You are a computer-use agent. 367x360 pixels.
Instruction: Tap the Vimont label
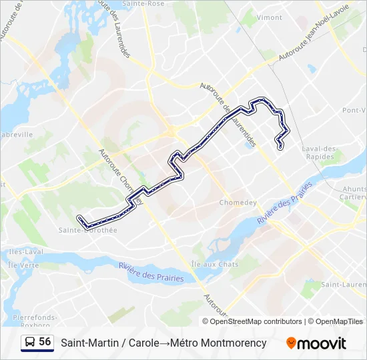coord(269,17)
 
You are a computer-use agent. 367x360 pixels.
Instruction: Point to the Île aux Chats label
coord(215,265)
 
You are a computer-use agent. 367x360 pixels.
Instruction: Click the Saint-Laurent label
coord(344,285)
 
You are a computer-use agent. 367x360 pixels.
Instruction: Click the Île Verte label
coord(18,265)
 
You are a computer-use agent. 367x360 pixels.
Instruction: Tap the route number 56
coord(45,342)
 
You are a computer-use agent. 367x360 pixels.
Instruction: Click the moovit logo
coord(316,343)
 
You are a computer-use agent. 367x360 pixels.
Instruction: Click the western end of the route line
coord(79,218)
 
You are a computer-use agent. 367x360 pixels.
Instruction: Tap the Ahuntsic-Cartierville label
coord(353,193)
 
